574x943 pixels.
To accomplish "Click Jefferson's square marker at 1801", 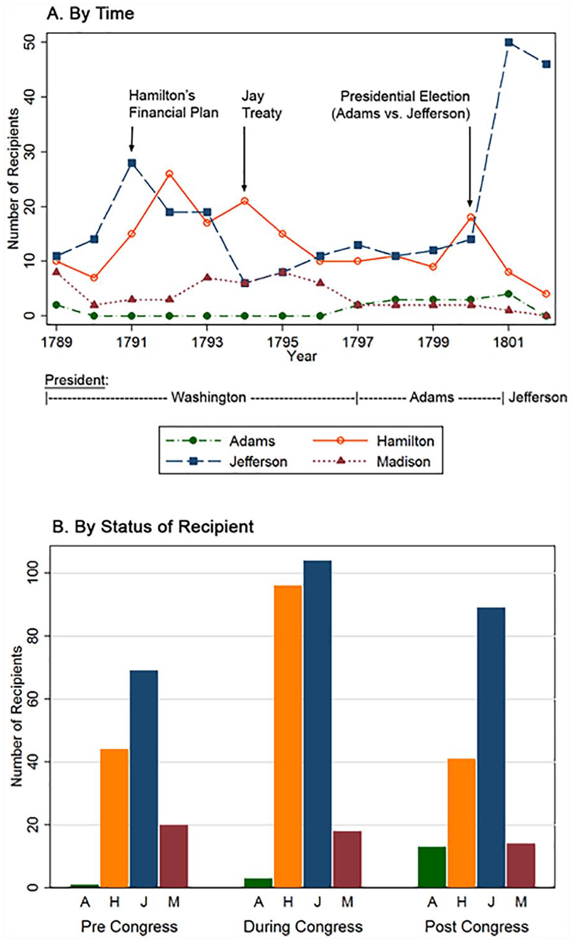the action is tap(508, 42).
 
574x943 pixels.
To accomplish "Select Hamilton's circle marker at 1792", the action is tap(169, 173).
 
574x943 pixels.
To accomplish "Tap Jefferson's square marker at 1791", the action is tap(132, 163).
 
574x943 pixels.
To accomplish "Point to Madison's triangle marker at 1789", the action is tap(57, 272).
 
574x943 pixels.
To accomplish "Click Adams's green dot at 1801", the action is tap(508, 294).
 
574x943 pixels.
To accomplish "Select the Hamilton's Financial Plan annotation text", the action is tap(173, 104).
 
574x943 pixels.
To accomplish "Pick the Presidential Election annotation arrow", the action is tap(470, 167).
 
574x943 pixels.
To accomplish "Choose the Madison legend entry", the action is tap(372, 462).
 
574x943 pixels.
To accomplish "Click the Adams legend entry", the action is tap(221, 441).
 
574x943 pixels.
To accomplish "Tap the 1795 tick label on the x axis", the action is tap(282, 342).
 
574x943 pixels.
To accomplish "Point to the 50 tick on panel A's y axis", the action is tap(29, 42).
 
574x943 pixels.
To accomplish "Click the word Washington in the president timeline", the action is tap(209, 397).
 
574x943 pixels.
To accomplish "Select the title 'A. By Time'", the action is tap(91, 13).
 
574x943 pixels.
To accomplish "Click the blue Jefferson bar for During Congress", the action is tap(318, 724).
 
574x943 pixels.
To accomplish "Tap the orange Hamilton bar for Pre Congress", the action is tap(114, 818).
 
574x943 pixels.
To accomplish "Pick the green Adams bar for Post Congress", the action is tap(432, 867).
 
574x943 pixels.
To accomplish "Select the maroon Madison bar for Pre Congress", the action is tap(174, 856).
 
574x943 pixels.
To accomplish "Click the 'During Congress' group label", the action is tap(303, 927).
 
